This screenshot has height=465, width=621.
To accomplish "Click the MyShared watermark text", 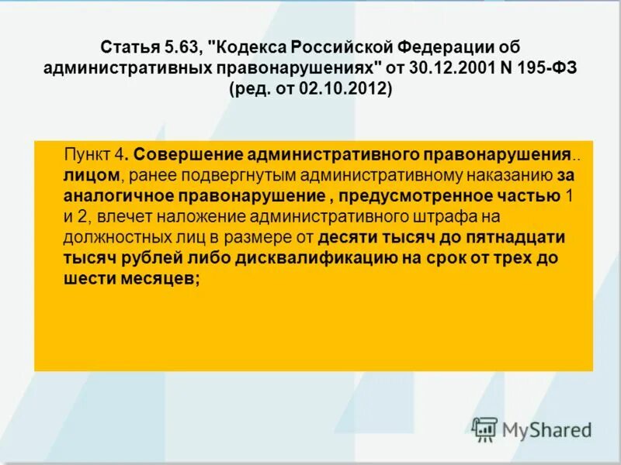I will coord(546,429).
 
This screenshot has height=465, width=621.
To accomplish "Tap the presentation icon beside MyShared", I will coord(484,429).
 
